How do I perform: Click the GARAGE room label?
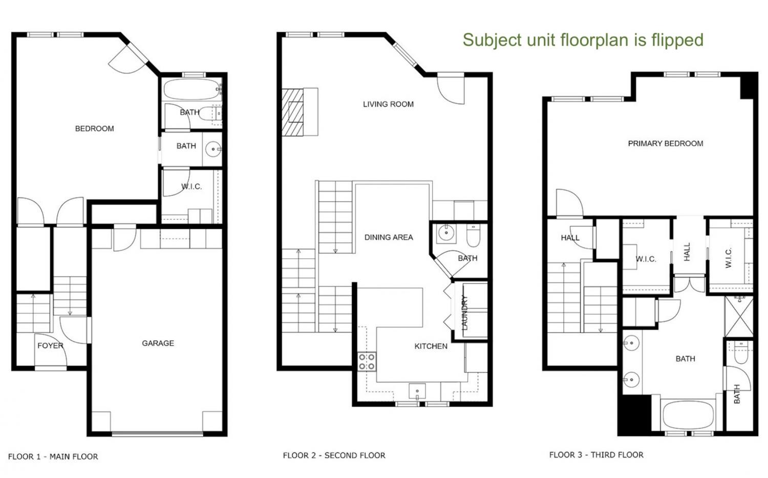[x=158, y=343]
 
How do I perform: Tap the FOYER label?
[x=50, y=345]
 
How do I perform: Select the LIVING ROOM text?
[x=388, y=104]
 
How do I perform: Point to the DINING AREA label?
[x=389, y=237]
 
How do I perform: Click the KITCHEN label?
[x=431, y=346]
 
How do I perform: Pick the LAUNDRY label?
[x=465, y=313]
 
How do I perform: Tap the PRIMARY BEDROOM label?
[x=665, y=143]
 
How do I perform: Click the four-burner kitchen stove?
[x=367, y=362]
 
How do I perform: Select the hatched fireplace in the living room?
[x=292, y=112]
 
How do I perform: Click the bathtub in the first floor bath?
[x=191, y=89]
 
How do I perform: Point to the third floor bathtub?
[x=688, y=415]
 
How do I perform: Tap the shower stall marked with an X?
[x=739, y=317]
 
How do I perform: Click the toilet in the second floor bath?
[x=473, y=236]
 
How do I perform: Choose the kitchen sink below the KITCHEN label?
[x=417, y=391]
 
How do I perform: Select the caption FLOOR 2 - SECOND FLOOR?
[x=334, y=455]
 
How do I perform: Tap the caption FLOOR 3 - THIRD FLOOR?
[x=596, y=454]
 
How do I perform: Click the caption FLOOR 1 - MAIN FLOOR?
[x=53, y=456]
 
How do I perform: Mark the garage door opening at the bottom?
[x=157, y=434]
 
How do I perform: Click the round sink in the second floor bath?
[x=446, y=233]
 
